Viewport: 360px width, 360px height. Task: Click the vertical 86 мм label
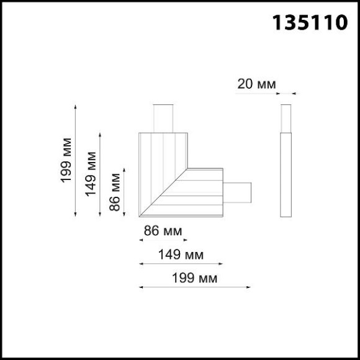coord(115,192)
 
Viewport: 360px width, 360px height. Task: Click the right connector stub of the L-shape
coord(237,194)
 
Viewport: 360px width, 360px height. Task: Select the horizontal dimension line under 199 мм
coord(194,287)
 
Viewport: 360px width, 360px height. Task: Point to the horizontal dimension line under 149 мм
coord(180,264)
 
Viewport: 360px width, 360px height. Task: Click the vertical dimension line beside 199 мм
coord(76,161)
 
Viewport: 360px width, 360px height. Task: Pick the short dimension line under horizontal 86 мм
coord(162,240)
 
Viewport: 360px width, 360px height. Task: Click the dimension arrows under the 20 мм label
coord(286,94)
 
